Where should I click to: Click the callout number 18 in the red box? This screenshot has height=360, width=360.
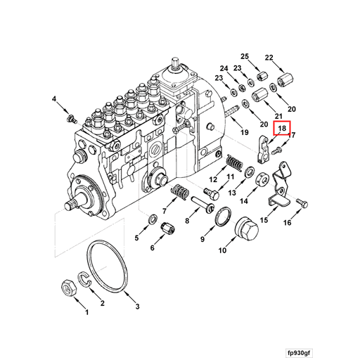click(x=281, y=129)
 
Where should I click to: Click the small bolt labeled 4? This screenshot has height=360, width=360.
click(x=68, y=115)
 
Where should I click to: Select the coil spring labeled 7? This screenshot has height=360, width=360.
click(x=180, y=191)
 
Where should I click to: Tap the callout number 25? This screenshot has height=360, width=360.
click(x=245, y=56)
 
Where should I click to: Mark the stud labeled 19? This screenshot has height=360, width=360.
click(x=231, y=110)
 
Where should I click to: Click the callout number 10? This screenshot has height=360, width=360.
click(x=222, y=250)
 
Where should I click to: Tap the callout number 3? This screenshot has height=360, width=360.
click(x=137, y=307)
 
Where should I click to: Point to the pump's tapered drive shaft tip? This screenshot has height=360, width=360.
click(x=70, y=205)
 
